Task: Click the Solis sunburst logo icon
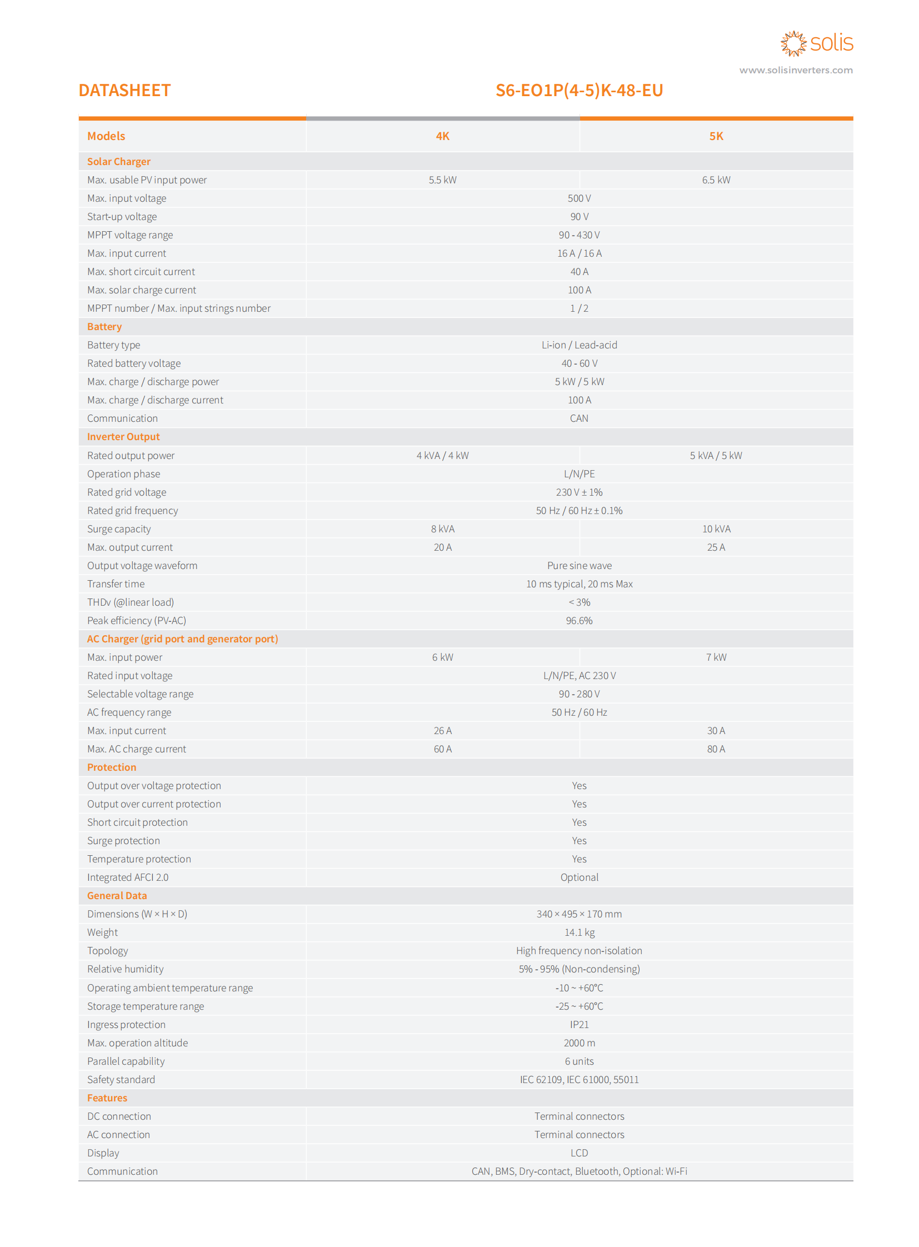click(x=793, y=43)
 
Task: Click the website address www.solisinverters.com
click(x=796, y=70)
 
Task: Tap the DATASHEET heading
click(x=124, y=90)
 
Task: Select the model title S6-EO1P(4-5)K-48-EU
click(x=579, y=90)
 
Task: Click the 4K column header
click(x=442, y=136)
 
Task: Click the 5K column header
click(x=716, y=136)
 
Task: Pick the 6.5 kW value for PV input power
click(x=716, y=179)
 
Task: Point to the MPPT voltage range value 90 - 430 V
click(x=579, y=235)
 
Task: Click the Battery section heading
click(x=104, y=327)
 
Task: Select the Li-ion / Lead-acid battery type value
click(x=579, y=345)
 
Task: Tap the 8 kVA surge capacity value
click(x=442, y=528)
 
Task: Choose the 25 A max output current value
click(x=716, y=547)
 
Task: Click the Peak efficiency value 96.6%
click(x=579, y=620)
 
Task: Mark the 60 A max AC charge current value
click(x=442, y=749)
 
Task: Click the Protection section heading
click(x=112, y=767)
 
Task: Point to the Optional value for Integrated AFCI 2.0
click(x=579, y=877)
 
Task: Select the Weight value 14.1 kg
click(x=579, y=932)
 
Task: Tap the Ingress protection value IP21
click(x=579, y=1024)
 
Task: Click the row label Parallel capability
click(x=126, y=1061)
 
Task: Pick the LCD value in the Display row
click(x=579, y=1153)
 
